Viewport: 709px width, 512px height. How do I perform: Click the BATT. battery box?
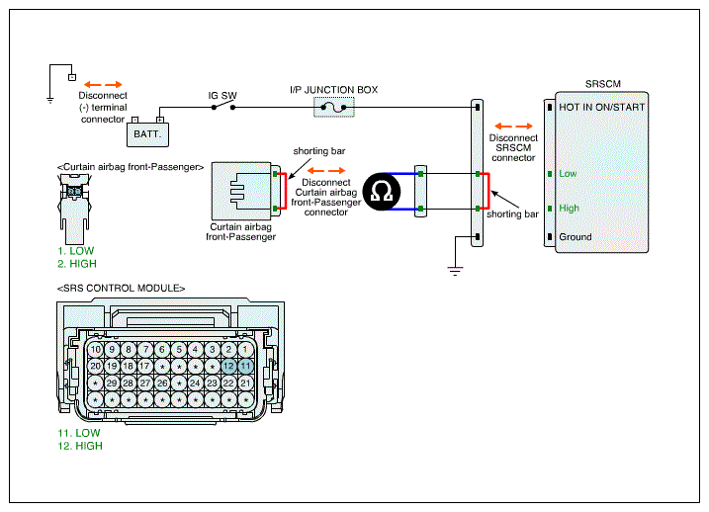pyautogui.click(x=147, y=134)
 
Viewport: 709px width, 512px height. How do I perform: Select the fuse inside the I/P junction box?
pyautogui.click(x=333, y=108)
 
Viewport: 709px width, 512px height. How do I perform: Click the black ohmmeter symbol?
pyautogui.click(x=382, y=192)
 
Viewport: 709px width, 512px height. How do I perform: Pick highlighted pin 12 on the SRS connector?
pyautogui.click(x=228, y=366)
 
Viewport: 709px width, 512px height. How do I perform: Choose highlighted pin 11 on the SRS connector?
pyautogui.click(x=245, y=366)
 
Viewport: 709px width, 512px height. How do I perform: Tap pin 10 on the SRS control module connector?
pyautogui.click(x=95, y=349)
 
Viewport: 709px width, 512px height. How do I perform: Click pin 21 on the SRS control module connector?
pyautogui.click(x=245, y=384)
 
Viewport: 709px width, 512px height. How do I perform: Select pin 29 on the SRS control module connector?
pyautogui.click(x=112, y=384)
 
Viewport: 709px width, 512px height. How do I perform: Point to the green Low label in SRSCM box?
pyautogui.click(x=568, y=174)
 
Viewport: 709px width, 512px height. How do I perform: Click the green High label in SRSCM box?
pyautogui.click(x=569, y=209)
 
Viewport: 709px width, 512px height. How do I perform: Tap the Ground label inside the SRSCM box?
pyautogui.click(x=576, y=237)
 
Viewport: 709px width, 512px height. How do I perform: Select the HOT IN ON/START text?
pyautogui.click(x=602, y=107)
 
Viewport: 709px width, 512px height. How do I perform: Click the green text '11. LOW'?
pyautogui.click(x=79, y=433)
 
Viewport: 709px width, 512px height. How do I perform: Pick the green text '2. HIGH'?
pyautogui.click(x=77, y=264)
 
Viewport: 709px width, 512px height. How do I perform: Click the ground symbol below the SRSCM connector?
pyautogui.click(x=455, y=271)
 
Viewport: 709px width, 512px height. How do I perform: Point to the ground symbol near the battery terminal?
pyautogui.click(x=49, y=100)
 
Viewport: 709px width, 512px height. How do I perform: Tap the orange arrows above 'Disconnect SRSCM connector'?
pyautogui.click(x=513, y=127)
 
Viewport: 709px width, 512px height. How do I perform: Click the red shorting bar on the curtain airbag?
pyautogui.click(x=285, y=191)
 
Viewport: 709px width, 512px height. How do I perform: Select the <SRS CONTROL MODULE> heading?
pyautogui.click(x=122, y=289)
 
